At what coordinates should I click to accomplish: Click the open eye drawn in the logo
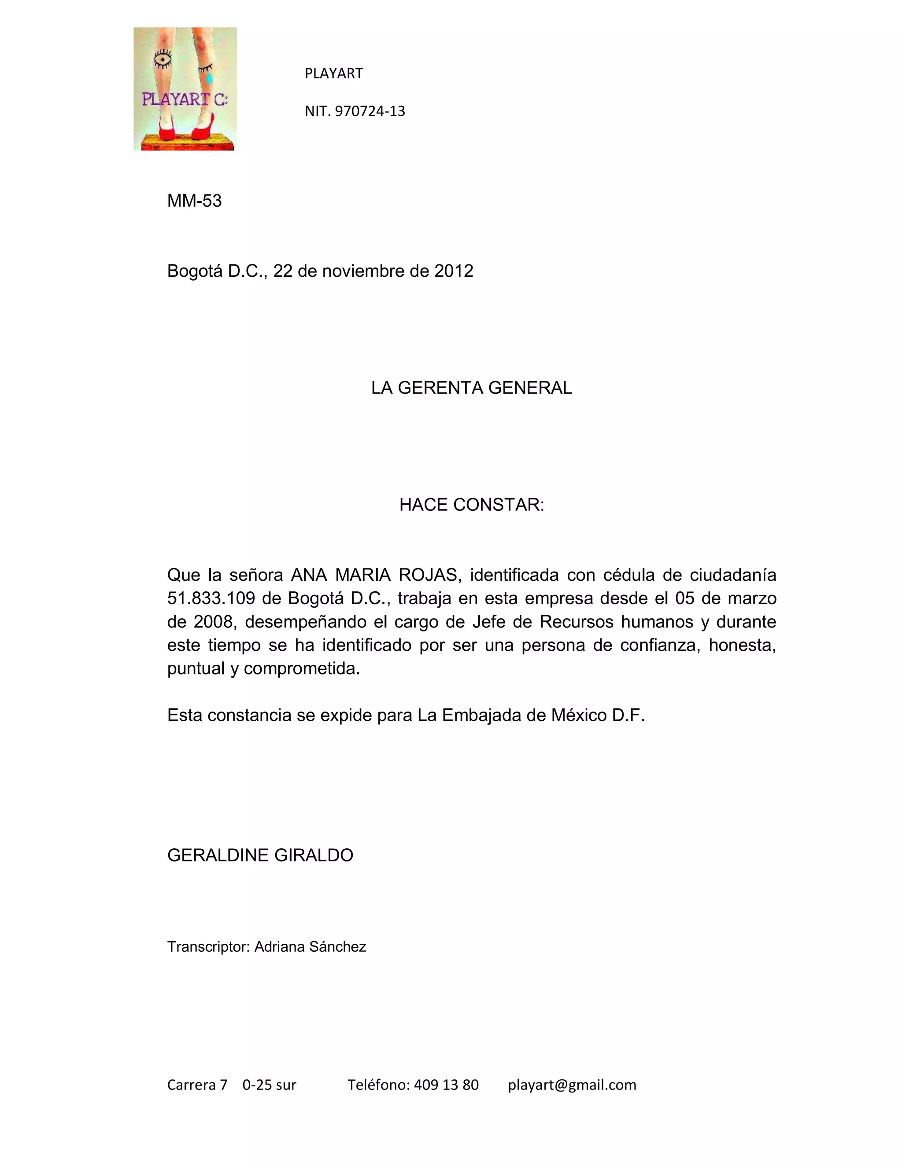[x=163, y=59]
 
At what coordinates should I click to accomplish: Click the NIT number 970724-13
[x=370, y=111]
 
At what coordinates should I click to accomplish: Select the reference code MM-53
[x=195, y=201]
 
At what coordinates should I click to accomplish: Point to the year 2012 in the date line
[x=454, y=271]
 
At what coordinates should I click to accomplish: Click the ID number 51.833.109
[x=211, y=598]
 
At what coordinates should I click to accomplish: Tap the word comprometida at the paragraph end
[x=302, y=668]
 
